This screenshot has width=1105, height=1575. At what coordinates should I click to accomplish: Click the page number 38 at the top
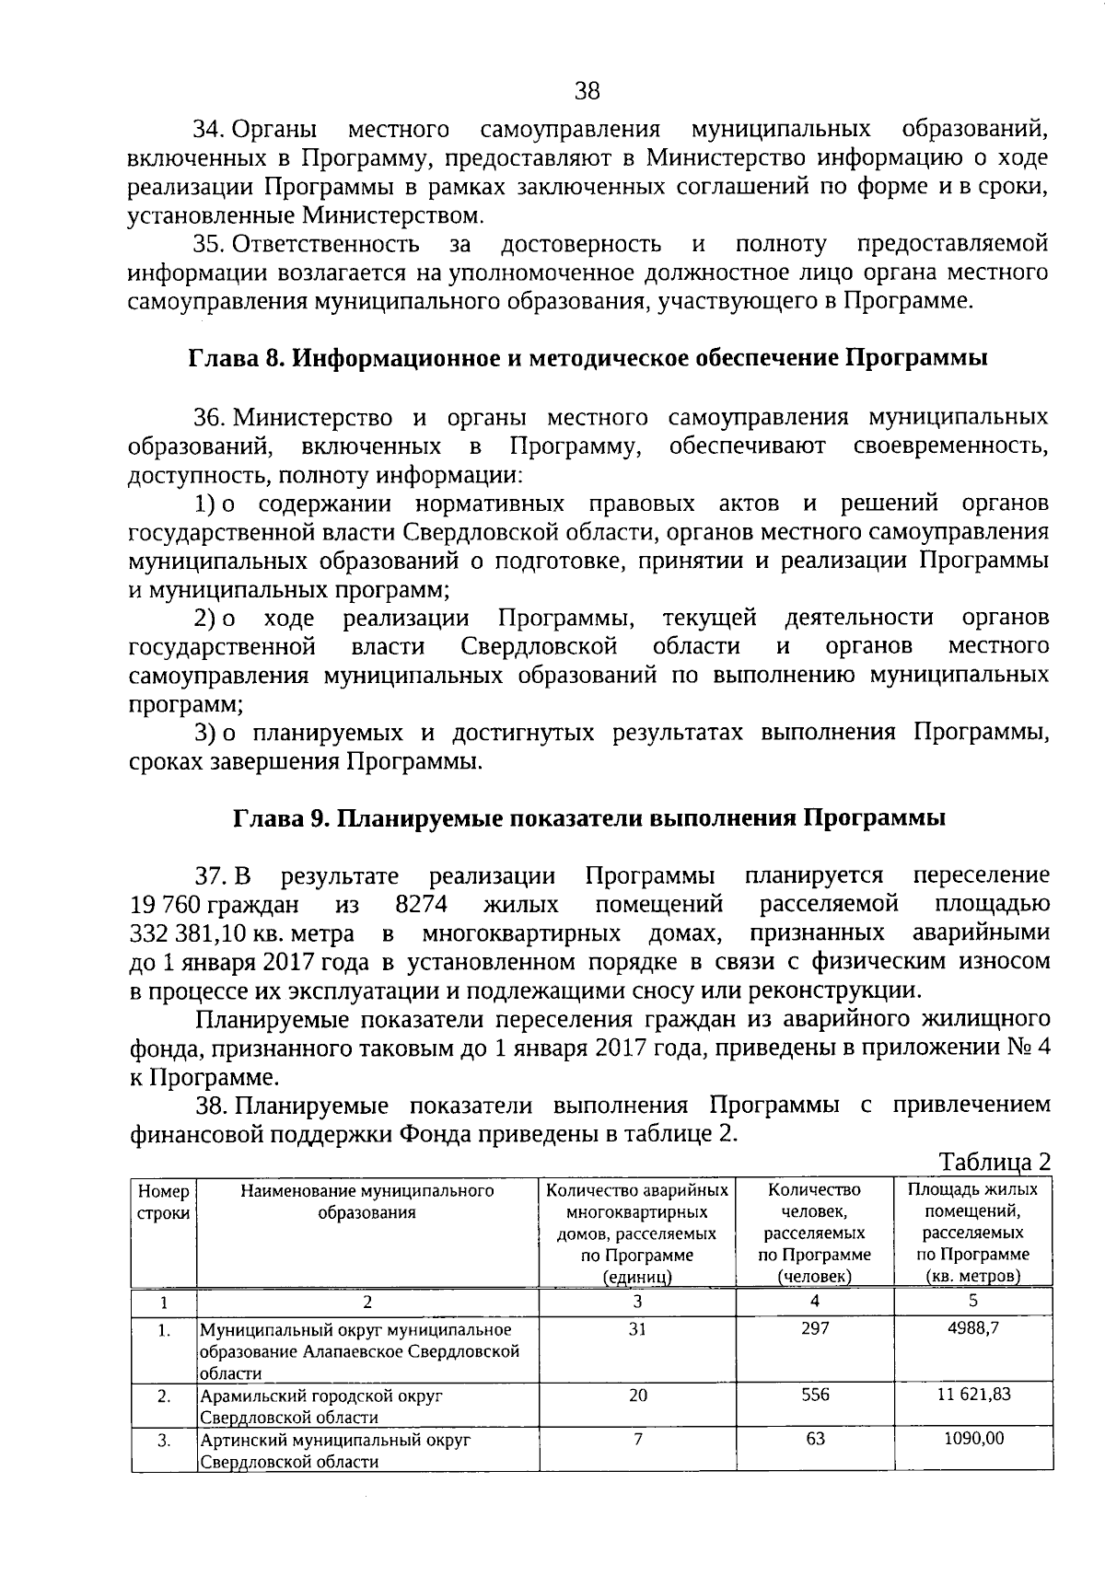click(x=587, y=90)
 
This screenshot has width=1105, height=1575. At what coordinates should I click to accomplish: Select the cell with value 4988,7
click(x=973, y=1329)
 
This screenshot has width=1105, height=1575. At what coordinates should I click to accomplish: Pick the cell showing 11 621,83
click(x=973, y=1395)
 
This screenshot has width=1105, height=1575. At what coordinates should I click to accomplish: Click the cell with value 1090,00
click(x=973, y=1439)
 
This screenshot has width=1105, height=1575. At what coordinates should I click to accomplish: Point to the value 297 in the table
click(x=815, y=1329)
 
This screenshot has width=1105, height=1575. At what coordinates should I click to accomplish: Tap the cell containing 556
click(x=815, y=1395)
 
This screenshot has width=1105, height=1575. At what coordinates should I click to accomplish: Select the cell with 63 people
click(x=815, y=1439)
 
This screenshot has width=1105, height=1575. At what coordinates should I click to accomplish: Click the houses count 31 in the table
click(x=637, y=1329)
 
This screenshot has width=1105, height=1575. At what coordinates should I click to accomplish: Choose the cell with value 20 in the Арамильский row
click(x=637, y=1395)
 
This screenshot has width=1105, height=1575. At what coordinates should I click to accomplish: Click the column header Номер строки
click(x=164, y=1202)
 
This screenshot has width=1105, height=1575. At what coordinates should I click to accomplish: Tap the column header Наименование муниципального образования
click(x=366, y=1202)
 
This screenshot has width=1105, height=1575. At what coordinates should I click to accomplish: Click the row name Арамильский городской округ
click(x=321, y=1396)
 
